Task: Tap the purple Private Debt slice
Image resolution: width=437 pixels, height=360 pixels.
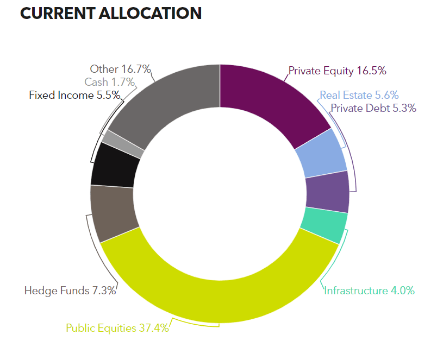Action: tap(327, 192)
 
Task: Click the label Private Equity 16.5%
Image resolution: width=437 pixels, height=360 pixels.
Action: tap(337, 71)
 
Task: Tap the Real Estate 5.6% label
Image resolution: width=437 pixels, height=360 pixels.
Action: tap(359, 95)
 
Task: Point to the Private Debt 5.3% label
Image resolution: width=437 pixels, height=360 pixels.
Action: tap(373, 108)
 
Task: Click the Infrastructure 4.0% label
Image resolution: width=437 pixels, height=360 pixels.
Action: tap(369, 290)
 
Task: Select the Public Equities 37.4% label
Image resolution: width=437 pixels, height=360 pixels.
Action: tap(117, 328)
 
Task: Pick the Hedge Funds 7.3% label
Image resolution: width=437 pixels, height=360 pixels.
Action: tap(70, 290)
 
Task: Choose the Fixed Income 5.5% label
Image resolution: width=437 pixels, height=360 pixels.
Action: tap(74, 95)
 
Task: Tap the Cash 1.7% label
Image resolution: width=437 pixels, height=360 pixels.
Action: tap(110, 82)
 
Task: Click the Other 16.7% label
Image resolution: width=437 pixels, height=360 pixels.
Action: tap(121, 69)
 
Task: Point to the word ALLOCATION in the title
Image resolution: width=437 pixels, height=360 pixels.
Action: tap(150, 14)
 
